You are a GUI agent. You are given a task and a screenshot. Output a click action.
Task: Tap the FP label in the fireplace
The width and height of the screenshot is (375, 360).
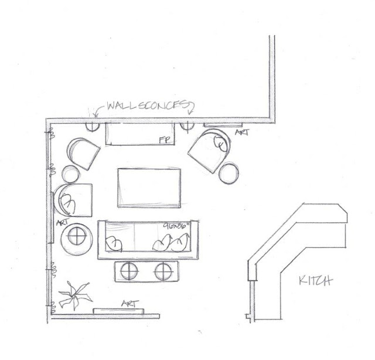coord(165,140)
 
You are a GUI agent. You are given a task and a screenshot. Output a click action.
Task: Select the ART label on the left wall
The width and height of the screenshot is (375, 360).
coord(60,223)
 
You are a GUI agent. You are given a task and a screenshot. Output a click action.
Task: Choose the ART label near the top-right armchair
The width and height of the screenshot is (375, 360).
coord(241,134)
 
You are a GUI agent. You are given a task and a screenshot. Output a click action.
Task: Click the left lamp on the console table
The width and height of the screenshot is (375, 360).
coord(128,270)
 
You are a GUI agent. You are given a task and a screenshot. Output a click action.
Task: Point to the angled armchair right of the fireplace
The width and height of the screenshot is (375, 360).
coord(209,150)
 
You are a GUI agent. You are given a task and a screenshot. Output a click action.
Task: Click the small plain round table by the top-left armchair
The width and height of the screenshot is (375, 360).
coord(71,174)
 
